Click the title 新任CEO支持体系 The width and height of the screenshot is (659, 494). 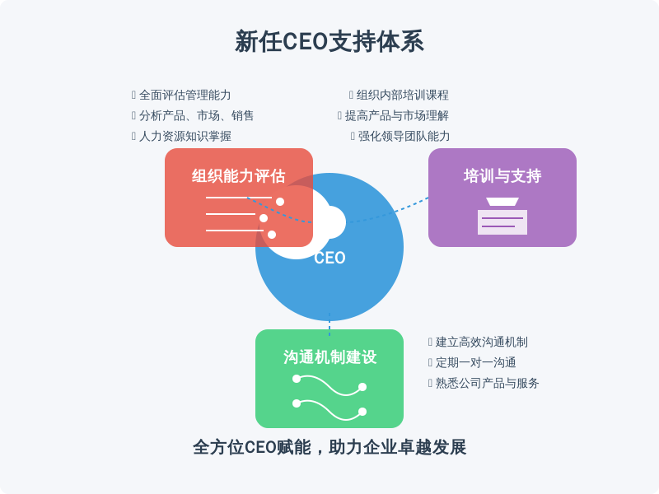tap(329, 41)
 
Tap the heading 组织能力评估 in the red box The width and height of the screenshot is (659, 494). tap(239, 176)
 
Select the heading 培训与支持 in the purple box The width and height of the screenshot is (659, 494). tap(502, 176)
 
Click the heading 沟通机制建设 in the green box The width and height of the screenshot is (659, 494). tap(329, 357)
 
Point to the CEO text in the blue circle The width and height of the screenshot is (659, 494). tap(329, 258)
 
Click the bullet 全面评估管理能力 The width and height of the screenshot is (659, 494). tap(185, 95)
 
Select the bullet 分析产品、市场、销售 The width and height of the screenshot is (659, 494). tap(196, 115)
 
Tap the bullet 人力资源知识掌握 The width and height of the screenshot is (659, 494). tap(185, 136)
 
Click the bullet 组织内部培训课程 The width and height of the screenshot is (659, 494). tap(403, 95)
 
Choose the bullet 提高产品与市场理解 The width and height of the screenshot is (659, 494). tap(397, 115)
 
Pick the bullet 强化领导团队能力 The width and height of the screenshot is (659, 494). tap(404, 136)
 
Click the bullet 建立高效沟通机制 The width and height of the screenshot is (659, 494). tap(482, 342)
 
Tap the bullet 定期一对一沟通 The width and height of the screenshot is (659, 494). tap(476, 362)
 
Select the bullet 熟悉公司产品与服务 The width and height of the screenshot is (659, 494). tap(487, 383)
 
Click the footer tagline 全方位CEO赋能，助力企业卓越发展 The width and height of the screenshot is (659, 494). tap(329, 447)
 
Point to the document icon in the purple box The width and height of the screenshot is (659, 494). tap(502, 216)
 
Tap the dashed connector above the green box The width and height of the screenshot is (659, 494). tap(329, 324)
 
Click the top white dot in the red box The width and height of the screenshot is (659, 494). tap(280, 202)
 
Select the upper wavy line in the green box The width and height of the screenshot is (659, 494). tap(329, 386)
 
